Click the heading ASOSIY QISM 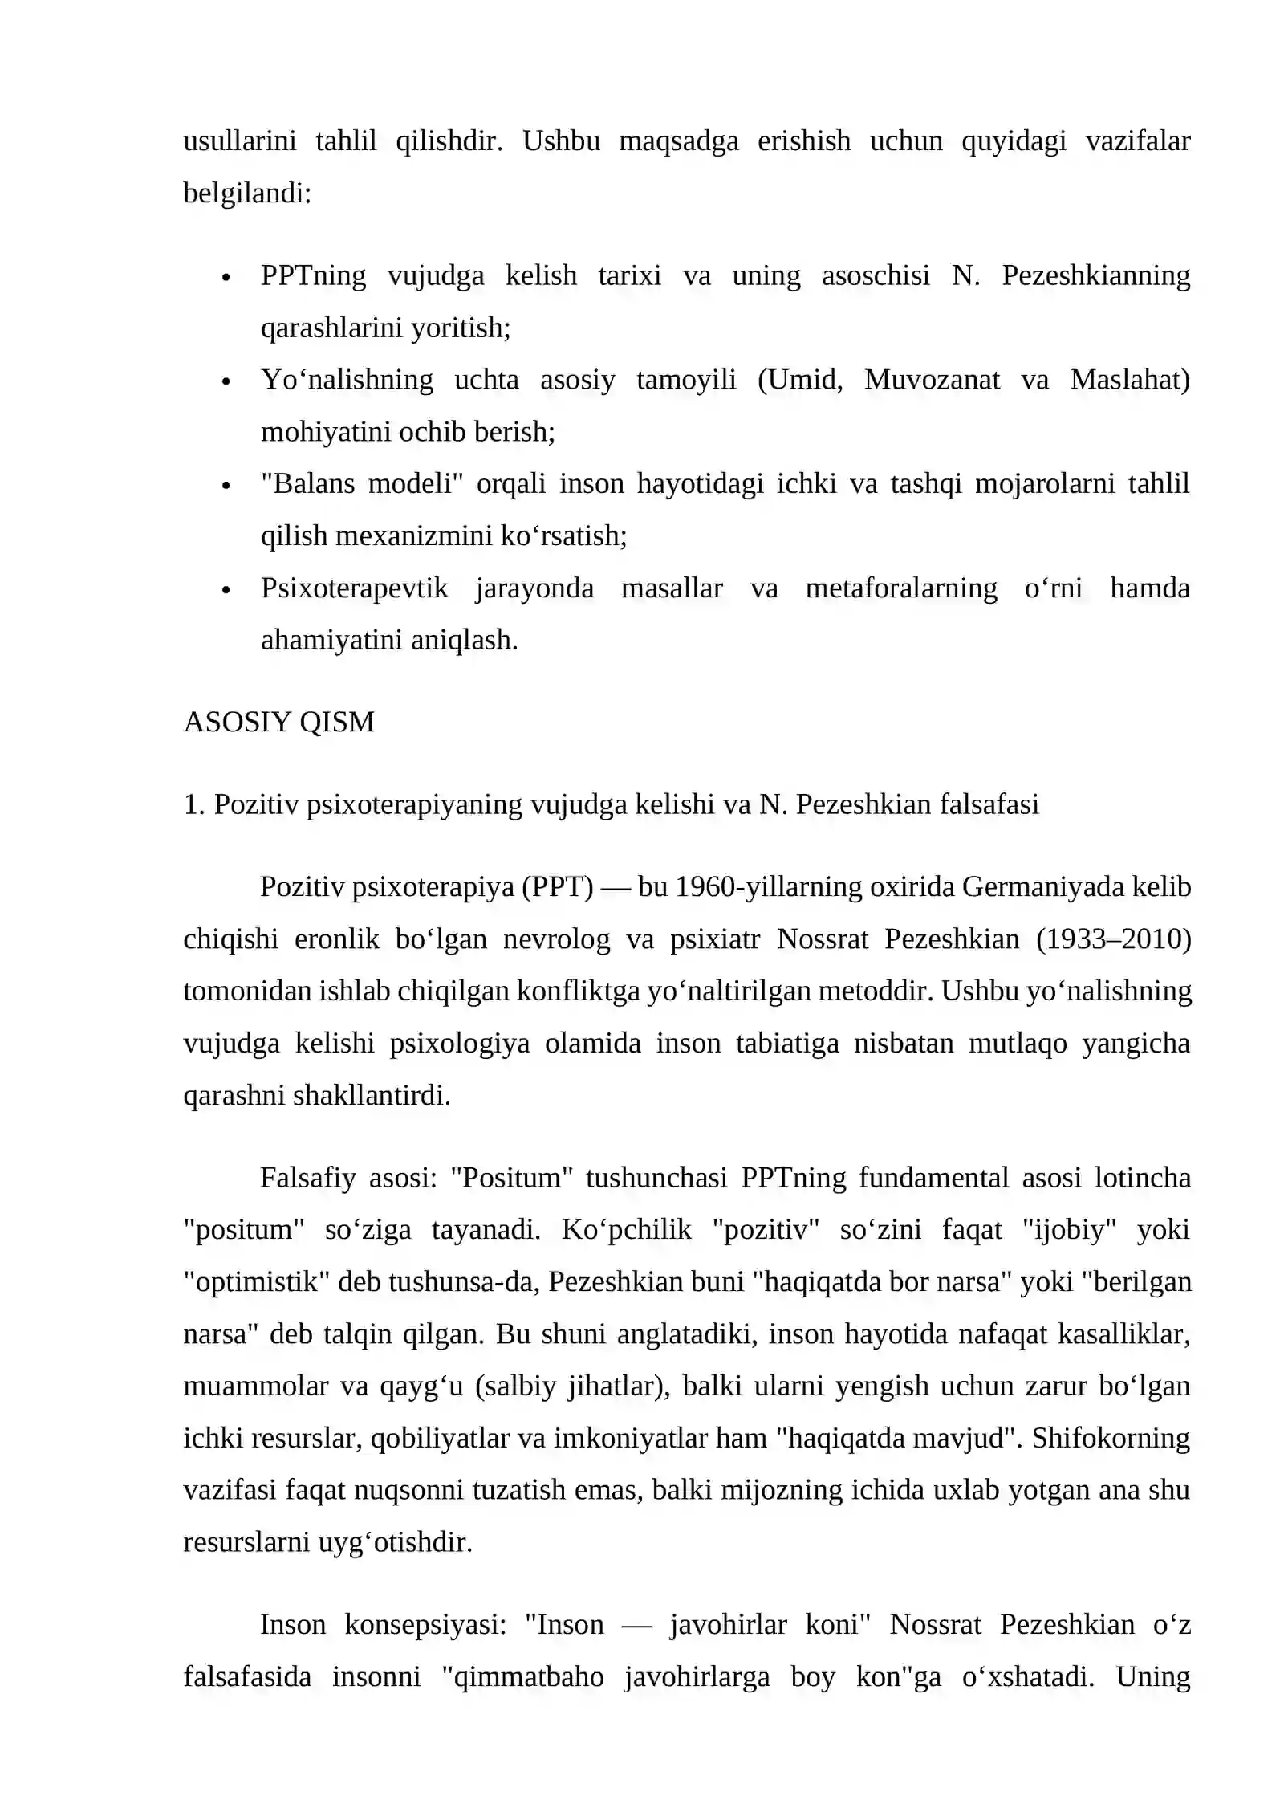[x=278, y=722]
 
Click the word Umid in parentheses [x=804, y=380]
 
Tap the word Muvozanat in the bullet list [x=932, y=380]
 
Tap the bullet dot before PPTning [x=226, y=278]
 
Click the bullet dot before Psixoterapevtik [x=226, y=590]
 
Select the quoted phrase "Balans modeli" [x=363, y=484]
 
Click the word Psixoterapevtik [x=355, y=588]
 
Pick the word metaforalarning [x=901, y=588]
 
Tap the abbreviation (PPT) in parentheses [x=558, y=886]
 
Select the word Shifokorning [x=1111, y=1437]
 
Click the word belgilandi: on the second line [x=247, y=193]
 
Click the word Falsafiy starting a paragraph [x=307, y=1177]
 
